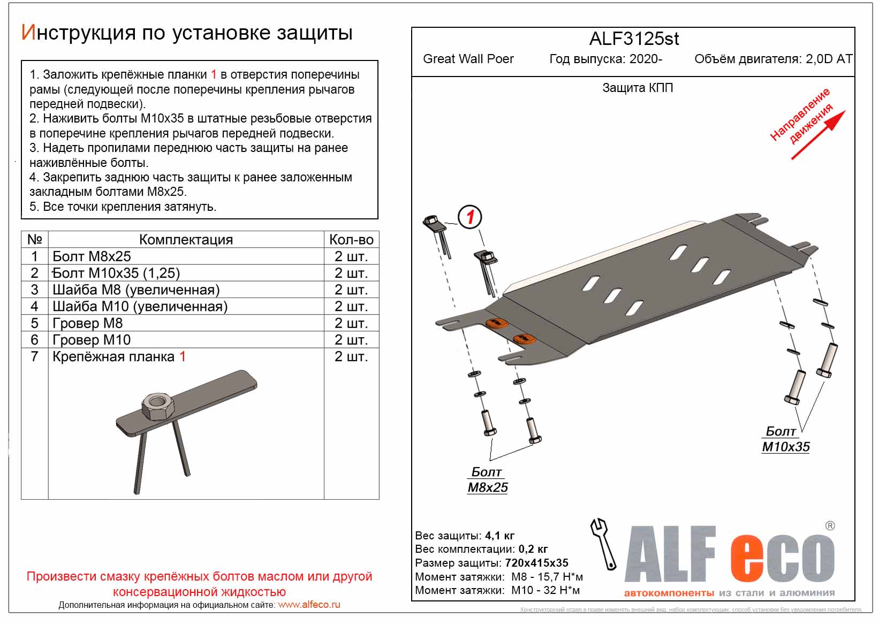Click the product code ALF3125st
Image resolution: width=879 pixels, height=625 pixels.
pyautogui.click(x=634, y=39)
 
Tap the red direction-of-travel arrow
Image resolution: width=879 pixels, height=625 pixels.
pyautogui.click(x=819, y=135)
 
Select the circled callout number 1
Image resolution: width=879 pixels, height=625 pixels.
pyautogui.click(x=470, y=217)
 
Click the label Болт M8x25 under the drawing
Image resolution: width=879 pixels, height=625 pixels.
pyautogui.click(x=487, y=479)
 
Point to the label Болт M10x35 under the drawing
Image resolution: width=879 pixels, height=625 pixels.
pyautogui.click(x=785, y=439)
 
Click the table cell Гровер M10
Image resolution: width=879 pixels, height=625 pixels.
pyautogui.click(x=92, y=340)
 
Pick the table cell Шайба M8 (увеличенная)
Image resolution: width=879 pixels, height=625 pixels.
pyautogui.click(x=136, y=290)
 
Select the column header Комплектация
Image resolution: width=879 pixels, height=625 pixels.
pyautogui.click(x=186, y=240)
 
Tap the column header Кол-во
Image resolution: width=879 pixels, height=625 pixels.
pyautogui.click(x=351, y=240)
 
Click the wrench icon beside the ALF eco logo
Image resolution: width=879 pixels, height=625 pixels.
pyautogui.click(x=603, y=543)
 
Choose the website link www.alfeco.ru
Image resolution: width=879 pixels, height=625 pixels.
pyautogui.click(x=309, y=605)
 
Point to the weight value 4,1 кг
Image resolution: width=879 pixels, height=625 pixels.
pyautogui.click(x=499, y=536)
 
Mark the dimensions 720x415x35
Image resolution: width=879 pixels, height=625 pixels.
pyautogui.click(x=536, y=563)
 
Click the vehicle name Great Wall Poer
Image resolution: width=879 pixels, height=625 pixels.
pyautogui.click(x=468, y=59)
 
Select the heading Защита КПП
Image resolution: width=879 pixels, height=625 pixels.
pyautogui.click(x=638, y=88)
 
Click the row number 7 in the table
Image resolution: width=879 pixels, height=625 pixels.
pyautogui.click(x=34, y=356)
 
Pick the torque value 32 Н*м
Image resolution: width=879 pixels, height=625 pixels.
pyautogui.click(x=562, y=590)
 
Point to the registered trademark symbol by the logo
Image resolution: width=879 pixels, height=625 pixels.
pyautogui.click(x=830, y=526)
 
